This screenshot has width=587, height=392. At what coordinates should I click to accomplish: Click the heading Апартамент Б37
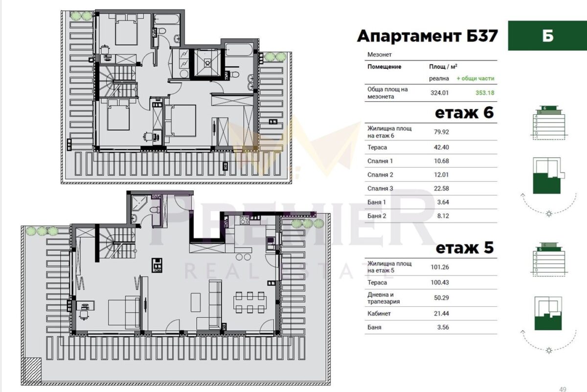pyautogui.click(x=427, y=36)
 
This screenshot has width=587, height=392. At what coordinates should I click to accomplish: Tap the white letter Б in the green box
pyautogui.click(x=548, y=36)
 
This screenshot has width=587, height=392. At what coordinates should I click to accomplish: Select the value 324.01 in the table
pyautogui.click(x=439, y=93)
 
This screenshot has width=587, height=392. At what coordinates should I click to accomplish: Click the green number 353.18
pyautogui.click(x=485, y=93)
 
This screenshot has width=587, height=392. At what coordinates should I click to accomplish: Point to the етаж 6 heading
pyautogui.click(x=464, y=113)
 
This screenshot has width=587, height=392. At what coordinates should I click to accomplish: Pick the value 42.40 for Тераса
pyautogui.click(x=441, y=147)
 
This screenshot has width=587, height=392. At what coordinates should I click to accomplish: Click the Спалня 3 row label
pyautogui.click(x=380, y=189)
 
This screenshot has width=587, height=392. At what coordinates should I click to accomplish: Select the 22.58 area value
pyautogui.click(x=441, y=189)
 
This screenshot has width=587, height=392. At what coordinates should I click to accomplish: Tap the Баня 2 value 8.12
pyautogui.click(x=443, y=216)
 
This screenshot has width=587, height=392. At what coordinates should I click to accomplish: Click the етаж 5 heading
pyautogui.click(x=465, y=247)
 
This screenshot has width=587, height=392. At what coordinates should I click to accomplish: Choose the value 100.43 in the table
pyautogui.click(x=440, y=283)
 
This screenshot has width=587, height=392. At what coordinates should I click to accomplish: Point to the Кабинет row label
pyautogui.click(x=379, y=314)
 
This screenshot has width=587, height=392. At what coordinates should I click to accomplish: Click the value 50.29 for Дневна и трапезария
pyautogui.click(x=441, y=298)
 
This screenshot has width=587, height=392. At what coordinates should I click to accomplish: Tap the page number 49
pyautogui.click(x=563, y=389)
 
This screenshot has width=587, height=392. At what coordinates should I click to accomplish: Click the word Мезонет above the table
pyautogui.click(x=380, y=54)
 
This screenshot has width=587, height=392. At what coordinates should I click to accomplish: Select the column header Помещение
pyautogui.click(x=384, y=67)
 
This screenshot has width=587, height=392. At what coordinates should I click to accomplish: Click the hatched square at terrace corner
pyautogui.click(x=32, y=369)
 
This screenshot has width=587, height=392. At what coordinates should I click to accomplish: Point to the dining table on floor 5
pyautogui.click(x=250, y=302)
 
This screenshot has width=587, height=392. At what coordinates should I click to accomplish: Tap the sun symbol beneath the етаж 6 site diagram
pyautogui.click(x=549, y=214)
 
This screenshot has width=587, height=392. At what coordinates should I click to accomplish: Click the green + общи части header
pyautogui.click(x=475, y=78)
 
